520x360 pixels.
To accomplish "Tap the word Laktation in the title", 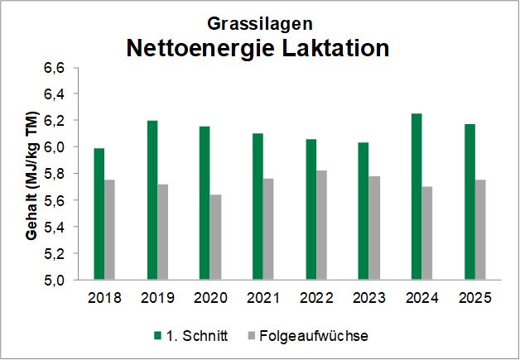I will coord(333,47).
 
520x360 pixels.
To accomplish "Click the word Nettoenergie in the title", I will coord(197,47).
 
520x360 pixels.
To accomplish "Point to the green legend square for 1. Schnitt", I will coord(157,335).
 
